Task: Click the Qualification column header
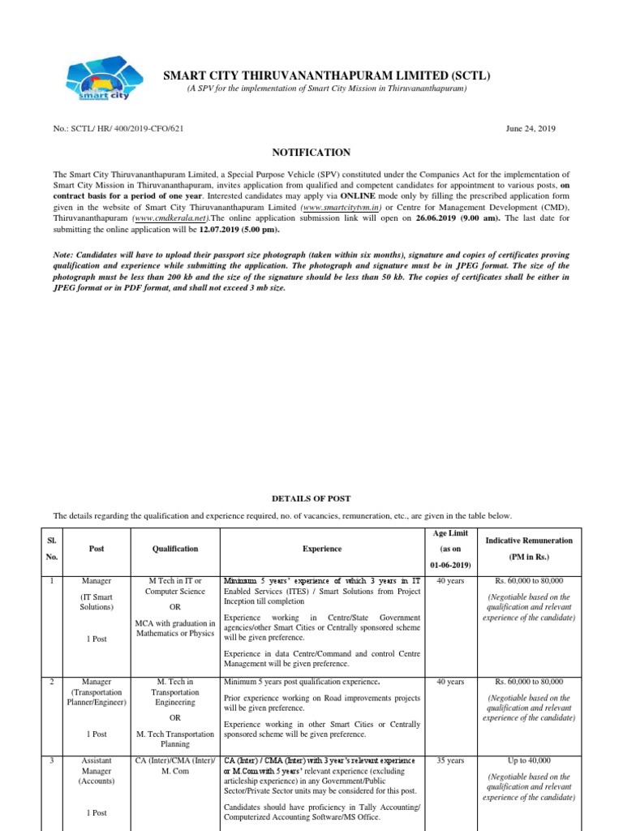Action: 174,549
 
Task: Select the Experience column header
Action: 322,549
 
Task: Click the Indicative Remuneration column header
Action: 528,540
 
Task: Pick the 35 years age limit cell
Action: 450,760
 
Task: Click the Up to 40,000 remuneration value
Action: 528,760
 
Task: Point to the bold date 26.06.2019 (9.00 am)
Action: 454,218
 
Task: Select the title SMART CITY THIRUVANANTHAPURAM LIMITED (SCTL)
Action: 327,76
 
